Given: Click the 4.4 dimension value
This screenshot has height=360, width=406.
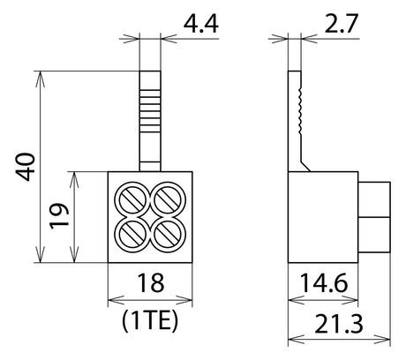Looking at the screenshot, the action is [x=201, y=23].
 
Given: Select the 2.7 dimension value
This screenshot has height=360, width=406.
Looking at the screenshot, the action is [x=342, y=23].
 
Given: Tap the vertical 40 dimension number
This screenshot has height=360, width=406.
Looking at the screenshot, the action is [x=26, y=167].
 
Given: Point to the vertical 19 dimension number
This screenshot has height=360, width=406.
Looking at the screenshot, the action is [x=59, y=216].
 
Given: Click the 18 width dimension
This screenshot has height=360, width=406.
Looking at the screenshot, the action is [x=150, y=283].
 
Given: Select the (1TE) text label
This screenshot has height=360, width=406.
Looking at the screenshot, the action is [x=150, y=321].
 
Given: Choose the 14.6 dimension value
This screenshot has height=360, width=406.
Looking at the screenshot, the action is [x=324, y=283].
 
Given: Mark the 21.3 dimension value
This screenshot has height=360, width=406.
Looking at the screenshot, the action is [x=339, y=324].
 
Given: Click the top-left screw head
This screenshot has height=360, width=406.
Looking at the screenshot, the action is [x=132, y=200].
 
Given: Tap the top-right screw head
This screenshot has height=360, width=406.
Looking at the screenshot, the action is [x=168, y=200].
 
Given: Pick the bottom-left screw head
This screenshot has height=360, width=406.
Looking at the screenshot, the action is [x=132, y=235].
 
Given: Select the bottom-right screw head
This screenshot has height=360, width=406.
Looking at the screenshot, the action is [x=168, y=235].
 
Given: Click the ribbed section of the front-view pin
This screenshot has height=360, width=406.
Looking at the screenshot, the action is [x=150, y=111].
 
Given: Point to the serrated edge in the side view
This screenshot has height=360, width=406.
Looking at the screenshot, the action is [x=300, y=111].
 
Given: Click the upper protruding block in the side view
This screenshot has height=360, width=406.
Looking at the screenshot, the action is [x=374, y=199].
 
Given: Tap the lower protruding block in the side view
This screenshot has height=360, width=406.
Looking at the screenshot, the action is [x=374, y=235].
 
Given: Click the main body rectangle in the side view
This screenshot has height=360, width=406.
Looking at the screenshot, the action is [x=323, y=217].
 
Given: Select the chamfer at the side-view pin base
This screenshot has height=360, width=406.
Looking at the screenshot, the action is [x=305, y=166].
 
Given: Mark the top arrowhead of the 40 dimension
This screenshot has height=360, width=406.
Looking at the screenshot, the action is [x=40, y=79].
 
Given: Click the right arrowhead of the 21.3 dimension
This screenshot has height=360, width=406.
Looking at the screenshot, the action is [x=382, y=339].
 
